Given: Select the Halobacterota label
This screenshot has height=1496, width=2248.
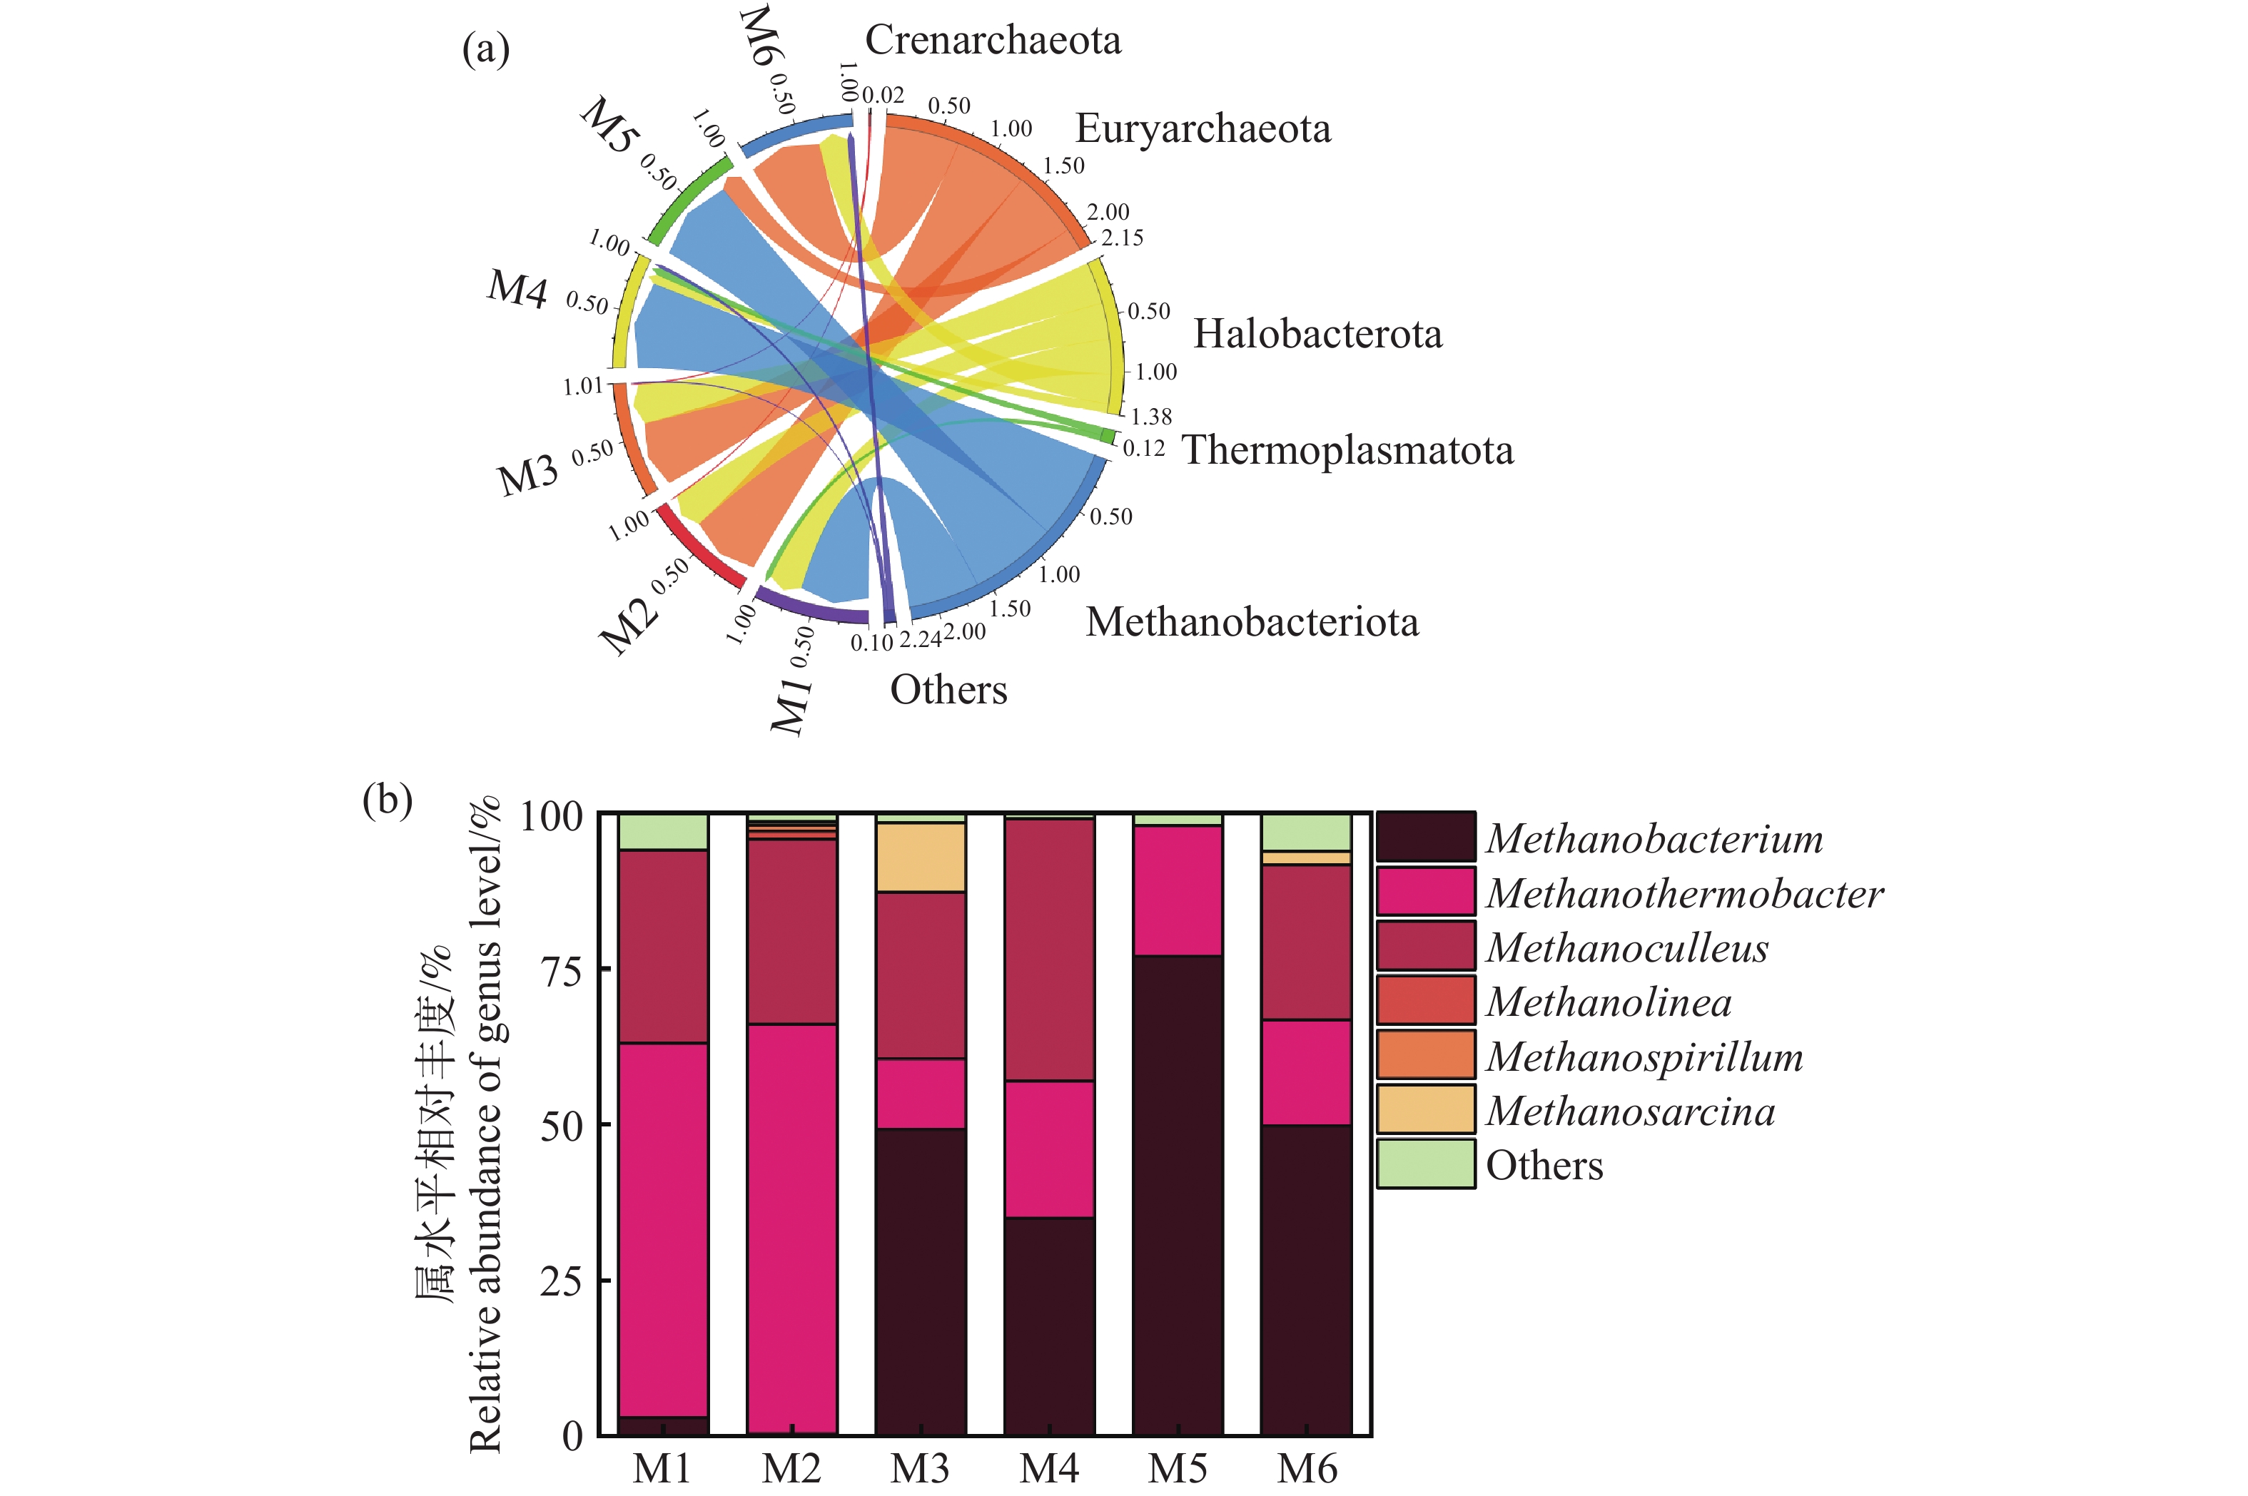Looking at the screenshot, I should coord(1317,334).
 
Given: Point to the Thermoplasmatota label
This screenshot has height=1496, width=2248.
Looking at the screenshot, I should coord(1347,450).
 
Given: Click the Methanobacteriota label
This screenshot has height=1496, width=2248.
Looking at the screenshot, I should coord(1252,622).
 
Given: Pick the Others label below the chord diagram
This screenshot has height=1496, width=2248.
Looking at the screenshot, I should coord(948,690).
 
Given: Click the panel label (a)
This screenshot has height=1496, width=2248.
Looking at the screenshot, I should coord(486,49).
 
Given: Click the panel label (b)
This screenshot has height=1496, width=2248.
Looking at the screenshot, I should coord(388,800).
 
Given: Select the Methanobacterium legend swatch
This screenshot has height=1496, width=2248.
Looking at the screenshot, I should coord(1425,837).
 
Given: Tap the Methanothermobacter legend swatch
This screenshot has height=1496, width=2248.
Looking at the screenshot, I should coord(1425,891).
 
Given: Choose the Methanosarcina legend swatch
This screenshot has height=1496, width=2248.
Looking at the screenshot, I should coord(1425,1109).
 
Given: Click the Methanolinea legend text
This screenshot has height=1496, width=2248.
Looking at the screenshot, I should coord(1609,1002).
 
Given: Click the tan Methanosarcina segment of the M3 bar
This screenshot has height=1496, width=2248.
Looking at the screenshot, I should coord(921,857).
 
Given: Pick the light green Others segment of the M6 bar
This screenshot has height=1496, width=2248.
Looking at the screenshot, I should coord(1306,832).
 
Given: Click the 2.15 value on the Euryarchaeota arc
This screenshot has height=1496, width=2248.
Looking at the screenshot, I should coord(1122,238).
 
